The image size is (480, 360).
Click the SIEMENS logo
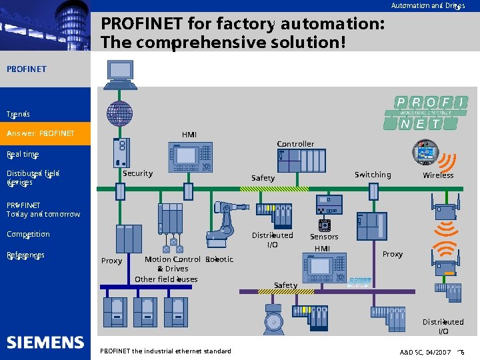(x=45, y=343)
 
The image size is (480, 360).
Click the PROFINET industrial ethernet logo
(x=425, y=113)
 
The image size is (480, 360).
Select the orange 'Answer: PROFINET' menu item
(x=41, y=134)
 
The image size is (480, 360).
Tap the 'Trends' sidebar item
(x=18, y=114)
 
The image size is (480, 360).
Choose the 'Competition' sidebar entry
(x=28, y=235)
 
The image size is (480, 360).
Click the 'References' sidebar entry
(x=25, y=255)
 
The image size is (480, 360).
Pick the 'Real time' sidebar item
(x=23, y=154)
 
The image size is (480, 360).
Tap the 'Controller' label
(x=295, y=144)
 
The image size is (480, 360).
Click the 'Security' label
(x=137, y=173)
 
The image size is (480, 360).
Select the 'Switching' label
(x=373, y=175)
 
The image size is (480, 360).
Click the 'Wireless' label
(x=438, y=175)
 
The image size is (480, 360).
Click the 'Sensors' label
(x=324, y=237)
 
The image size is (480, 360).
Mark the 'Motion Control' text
(x=172, y=259)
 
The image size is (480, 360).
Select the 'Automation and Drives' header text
(x=427, y=6)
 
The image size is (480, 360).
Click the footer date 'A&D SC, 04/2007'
(x=425, y=351)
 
